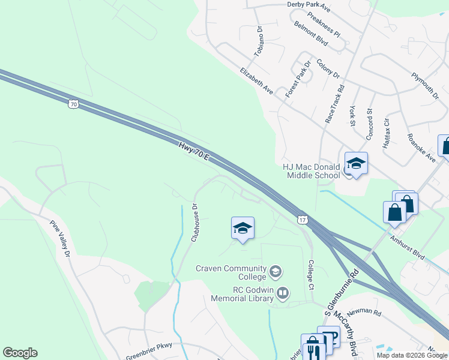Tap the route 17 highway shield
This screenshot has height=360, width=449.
pos(303,220)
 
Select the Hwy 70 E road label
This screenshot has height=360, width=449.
pos(193,151)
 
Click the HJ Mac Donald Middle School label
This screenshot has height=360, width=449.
pos(311,171)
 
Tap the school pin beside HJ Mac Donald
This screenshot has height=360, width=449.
pos(356,164)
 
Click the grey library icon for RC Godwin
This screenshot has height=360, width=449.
pos(283,293)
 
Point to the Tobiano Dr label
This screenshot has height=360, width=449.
pos(259,41)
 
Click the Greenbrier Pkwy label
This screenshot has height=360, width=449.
pos(149,352)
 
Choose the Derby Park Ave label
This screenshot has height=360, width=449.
pos(309,6)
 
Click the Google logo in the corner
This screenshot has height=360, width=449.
pos(20,353)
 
